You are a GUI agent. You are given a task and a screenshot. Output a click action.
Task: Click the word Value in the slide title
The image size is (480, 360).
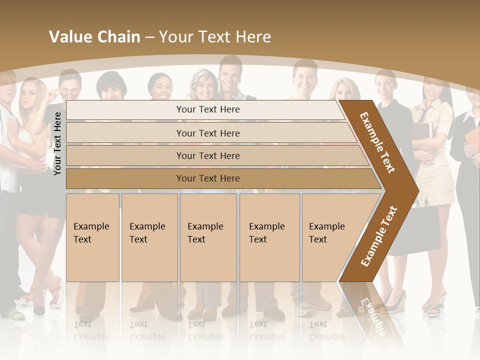[x=69, y=37]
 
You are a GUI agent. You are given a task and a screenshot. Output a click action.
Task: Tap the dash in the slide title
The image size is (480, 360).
[x=149, y=37]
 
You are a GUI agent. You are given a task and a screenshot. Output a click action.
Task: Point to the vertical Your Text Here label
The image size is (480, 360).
[x=57, y=143]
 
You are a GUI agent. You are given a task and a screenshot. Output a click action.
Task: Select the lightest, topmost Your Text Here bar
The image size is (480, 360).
[x=207, y=109]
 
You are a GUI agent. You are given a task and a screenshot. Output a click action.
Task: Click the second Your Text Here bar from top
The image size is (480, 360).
[x=207, y=133]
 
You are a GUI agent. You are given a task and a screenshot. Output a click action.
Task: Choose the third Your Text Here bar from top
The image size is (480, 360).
[x=207, y=155]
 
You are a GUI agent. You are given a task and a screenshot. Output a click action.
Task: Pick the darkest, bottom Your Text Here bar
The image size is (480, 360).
[x=207, y=178]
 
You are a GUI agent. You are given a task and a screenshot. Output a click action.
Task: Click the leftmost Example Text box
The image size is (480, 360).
[x=92, y=237]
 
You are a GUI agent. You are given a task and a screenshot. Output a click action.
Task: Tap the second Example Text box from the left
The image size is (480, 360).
[x=149, y=237]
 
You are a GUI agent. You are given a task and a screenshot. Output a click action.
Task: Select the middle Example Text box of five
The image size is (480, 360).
[x=208, y=237]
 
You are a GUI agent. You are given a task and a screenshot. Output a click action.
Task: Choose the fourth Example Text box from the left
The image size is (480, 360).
[x=269, y=237]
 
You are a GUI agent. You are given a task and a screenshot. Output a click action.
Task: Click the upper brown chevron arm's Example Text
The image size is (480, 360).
[x=377, y=142]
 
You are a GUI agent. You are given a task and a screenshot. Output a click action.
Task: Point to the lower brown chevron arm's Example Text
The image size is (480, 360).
[x=378, y=236]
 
